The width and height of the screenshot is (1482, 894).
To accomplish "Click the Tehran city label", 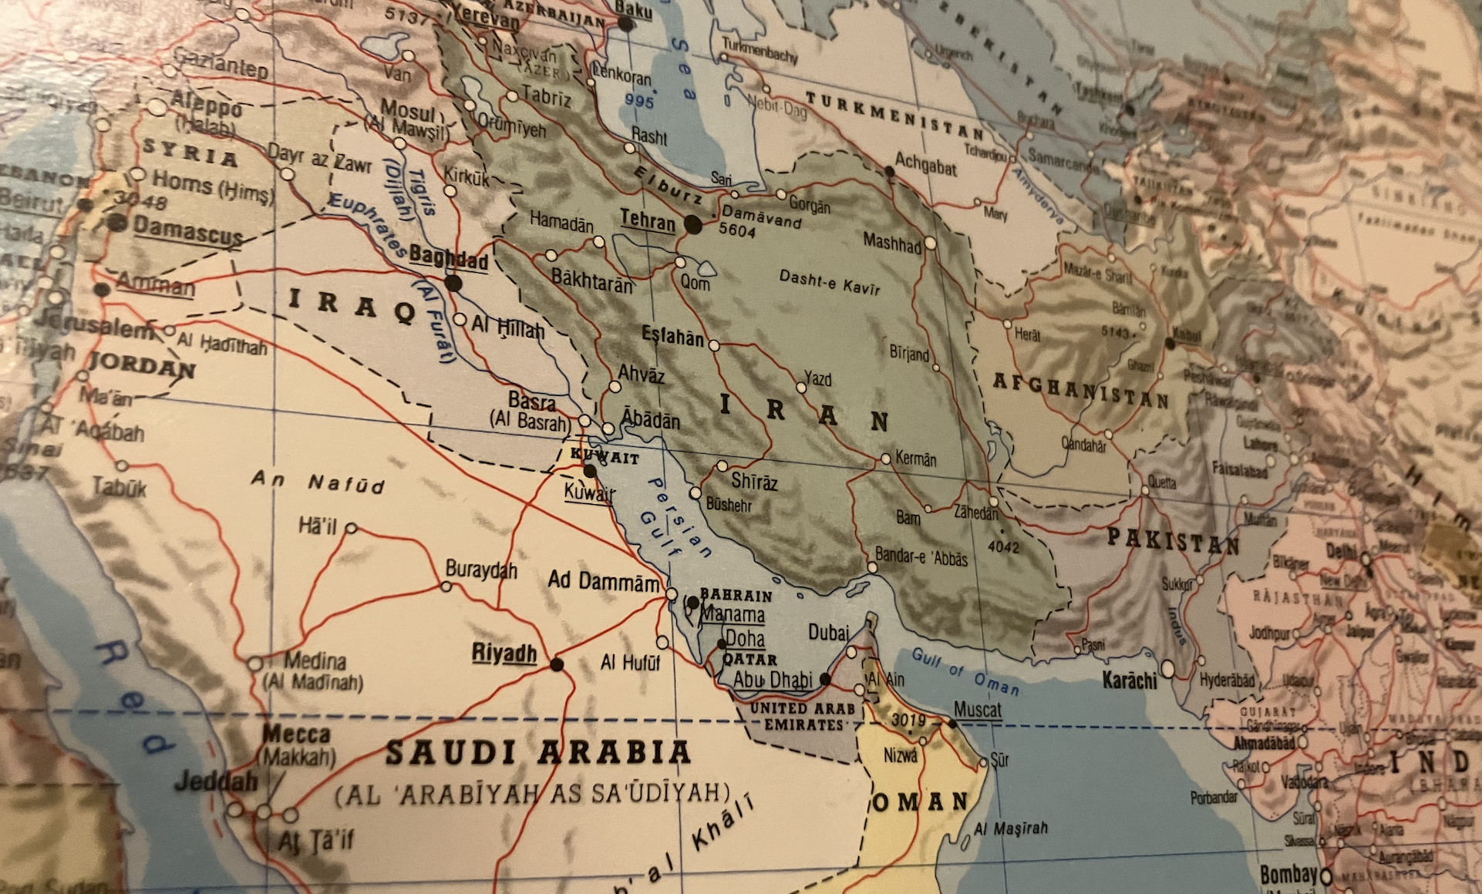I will pyautogui.click(x=647, y=220).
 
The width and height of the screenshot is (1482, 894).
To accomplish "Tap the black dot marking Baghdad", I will pyautogui.click(x=453, y=283).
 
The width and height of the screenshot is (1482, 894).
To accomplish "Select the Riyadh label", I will pyautogui.click(x=504, y=654).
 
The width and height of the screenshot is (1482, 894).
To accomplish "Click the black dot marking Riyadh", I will pyautogui.click(x=557, y=664).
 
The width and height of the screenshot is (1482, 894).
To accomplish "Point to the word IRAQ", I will pyautogui.click(x=351, y=305).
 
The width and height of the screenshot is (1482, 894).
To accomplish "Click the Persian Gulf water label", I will pyautogui.click(x=675, y=518).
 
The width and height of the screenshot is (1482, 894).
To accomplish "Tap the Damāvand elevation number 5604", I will pyautogui.click(x=736, y=230).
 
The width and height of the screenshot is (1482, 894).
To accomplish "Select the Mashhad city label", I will pyautogui.click(x=891, y=242).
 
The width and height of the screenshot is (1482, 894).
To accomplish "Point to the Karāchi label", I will pyautogui.click(x=1129, y=681).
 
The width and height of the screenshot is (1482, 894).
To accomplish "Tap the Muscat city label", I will pyautogui.click(x=977, y=709).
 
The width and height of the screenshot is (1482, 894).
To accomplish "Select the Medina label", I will pyautogui.click(x=315, y=660).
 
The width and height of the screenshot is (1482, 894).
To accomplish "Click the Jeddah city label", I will pyautogui.click(x=216, y=781).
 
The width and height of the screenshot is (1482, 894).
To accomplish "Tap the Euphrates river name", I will pyautogui.click(x=367, y=224).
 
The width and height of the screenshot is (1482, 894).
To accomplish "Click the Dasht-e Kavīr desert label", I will pyautogui.click(x=829, y=282).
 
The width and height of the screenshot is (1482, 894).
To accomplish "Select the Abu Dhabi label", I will pyautogui.click(x=772, y=680).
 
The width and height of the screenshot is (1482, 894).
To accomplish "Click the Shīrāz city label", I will pyautogui.click(x=753, y=482).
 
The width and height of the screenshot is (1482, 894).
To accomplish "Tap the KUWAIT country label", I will pyautogui.click(x=605, y=456).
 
